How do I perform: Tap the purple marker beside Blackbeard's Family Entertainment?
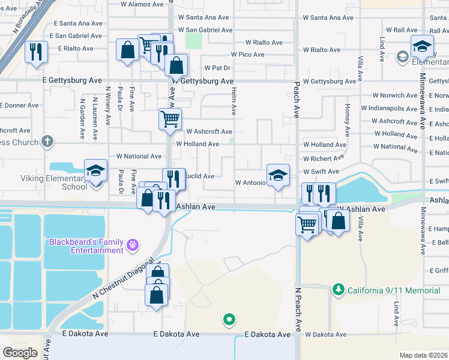point(133,245)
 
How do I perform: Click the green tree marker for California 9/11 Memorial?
point(339,290)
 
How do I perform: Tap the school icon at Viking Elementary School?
point(95,171)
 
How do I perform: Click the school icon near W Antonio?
point(278,176)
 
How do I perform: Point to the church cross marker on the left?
point(47,143)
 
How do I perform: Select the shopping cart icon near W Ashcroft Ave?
point(170,118)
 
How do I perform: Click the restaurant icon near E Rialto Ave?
point(36,52)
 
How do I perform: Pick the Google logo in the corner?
point(20,353)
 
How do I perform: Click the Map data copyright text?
point(423,355)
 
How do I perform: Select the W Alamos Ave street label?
point(142,4)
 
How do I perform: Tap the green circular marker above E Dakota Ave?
point(228,320)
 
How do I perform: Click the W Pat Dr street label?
point(217,68)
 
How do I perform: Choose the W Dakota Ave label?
point(325,334)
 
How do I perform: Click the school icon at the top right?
point(422,47)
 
